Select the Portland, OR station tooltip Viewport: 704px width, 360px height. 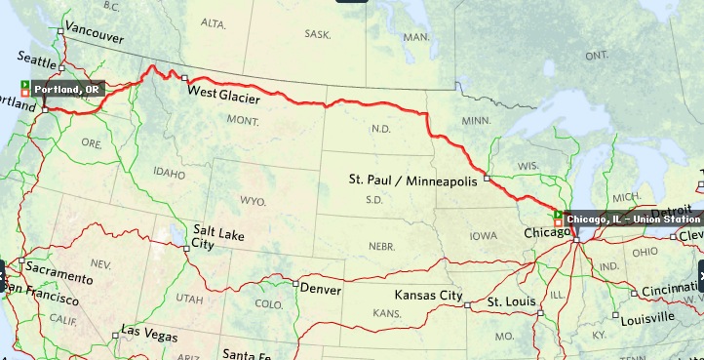pyautogui.click(x=68, y=89)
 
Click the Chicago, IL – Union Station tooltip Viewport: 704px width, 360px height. pyautogui.click(x=633, y=219)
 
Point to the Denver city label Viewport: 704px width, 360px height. pyautogui.click(x=321, y=290)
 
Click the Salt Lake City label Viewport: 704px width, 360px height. pyautogui.click(x=216, y=235)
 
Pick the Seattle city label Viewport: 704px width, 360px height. pyautogui.click(x=37, y=60)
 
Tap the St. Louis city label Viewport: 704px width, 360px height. pyautogui.click(x=512, y=301)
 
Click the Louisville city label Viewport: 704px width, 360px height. pyautogui.click(x=647, y=317)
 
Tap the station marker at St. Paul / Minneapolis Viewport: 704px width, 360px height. pyautogui.click(x=486, y=180)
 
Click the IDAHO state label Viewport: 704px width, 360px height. pyautogui.click(x=169, y=173)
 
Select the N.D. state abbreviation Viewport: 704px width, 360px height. pyautogui.click(x=380, y=129)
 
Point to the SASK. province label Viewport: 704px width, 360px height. pyautogui.click(x=318, y=33)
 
